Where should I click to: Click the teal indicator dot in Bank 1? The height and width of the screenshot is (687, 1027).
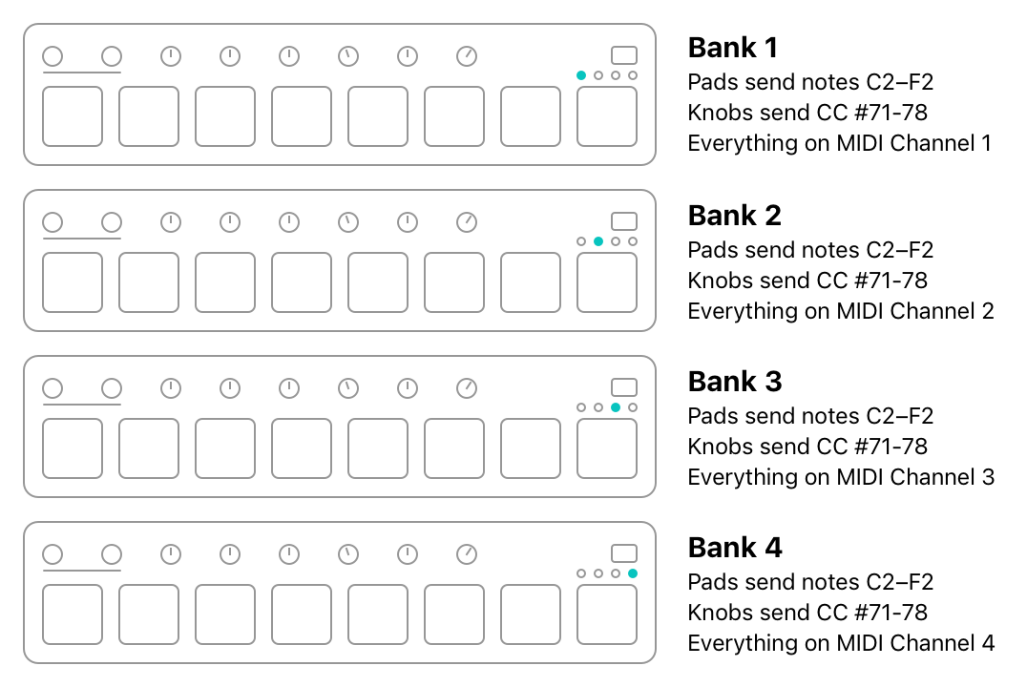[581, 75]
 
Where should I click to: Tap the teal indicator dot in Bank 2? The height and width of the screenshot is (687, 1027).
[598, 241]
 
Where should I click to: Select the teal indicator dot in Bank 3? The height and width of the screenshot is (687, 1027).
[616, 407]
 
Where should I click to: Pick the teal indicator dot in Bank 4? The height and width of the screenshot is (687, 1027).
[633, 573]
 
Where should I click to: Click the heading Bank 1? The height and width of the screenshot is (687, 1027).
[733, 48]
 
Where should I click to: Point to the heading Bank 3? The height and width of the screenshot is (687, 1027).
[735, 382]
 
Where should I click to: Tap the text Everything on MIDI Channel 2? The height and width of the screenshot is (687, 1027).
[841, 311]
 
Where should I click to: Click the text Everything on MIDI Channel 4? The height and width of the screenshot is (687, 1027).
[841, 643]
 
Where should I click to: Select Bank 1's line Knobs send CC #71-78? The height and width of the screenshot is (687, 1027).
[807, 113]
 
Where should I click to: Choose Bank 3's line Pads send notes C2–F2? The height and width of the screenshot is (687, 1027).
[811, 416]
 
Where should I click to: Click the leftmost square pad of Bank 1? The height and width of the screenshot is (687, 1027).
[73, 116]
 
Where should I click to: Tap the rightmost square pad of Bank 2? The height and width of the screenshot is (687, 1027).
[607, 282]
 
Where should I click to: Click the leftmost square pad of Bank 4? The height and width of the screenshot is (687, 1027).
[73, 614]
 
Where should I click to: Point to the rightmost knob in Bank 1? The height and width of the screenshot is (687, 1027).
[467, 56]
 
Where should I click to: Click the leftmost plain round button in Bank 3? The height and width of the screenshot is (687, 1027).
[53, 388]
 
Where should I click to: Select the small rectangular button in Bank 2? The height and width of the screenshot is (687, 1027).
[624, 221]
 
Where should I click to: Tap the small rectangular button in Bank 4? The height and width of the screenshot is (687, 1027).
[624, 553]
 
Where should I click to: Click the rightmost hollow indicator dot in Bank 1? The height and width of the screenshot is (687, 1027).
[633, 75]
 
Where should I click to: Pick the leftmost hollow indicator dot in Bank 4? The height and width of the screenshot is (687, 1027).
[581, 573]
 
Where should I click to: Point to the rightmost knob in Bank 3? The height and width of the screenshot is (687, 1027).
[467, 388]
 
